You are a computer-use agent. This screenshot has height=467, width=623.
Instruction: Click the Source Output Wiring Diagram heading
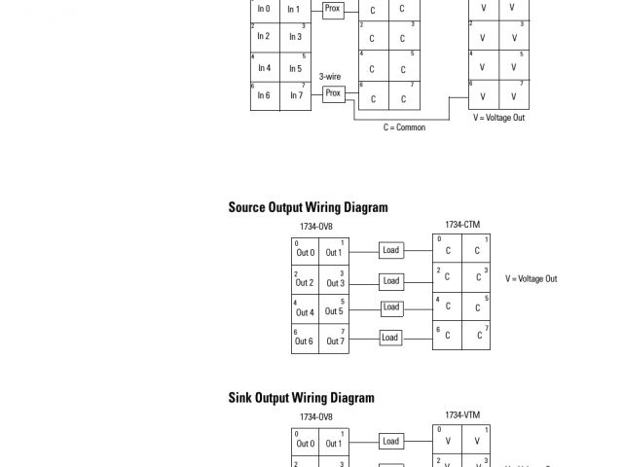pos(308,207)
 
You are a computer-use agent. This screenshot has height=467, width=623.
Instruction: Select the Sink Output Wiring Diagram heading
pos(301,397)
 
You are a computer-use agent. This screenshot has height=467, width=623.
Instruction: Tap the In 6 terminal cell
pos(264,95)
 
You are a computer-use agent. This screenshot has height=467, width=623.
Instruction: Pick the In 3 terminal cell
pos(295,37)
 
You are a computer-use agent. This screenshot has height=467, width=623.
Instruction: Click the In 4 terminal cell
pos(264,68)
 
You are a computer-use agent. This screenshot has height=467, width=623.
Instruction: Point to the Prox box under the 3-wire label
pos(333,93)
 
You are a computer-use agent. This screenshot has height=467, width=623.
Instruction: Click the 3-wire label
pos(330,77)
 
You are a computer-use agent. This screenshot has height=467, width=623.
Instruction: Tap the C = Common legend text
pos(404,127)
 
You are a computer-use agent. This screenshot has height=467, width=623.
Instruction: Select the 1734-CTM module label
pos(462,225)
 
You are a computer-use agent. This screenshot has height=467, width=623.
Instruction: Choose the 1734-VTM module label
pos(462,414)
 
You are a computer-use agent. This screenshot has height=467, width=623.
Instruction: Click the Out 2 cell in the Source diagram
pos(305,282)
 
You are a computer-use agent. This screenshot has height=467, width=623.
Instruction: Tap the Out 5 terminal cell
pos(335,312)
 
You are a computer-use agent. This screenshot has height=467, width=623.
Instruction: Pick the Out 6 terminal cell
pos(305,341)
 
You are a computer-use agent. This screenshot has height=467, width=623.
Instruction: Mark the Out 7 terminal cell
pos(335,341)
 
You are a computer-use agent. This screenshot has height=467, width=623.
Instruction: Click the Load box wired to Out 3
pos(390,280)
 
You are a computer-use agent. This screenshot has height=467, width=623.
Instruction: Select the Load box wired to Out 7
pos(390,338)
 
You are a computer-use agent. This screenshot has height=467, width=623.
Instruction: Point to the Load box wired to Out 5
pos(390,307)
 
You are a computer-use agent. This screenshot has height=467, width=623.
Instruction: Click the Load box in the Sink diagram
pos(390,441)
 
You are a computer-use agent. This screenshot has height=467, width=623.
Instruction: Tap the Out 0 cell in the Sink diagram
pos(305,443)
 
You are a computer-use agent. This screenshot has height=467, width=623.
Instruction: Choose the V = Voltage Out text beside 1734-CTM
pos(531,279)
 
